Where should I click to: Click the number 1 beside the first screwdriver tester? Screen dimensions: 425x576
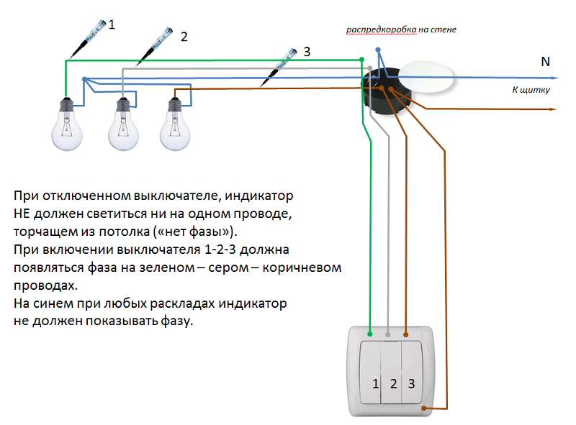pyautogui.click(x=112, y=25)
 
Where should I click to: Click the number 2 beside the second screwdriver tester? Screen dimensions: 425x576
pyautogui.click(x=184, y=37)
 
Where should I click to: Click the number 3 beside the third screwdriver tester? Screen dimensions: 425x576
pyautogui.click(x=307, y=51)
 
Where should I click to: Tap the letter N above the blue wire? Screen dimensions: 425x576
pyautogui.click(x=545, y=63)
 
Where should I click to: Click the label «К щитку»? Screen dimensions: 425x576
pyautogui.click(x=531, y=90)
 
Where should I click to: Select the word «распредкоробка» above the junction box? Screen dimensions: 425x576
pyautogui.click(x=380, y=29)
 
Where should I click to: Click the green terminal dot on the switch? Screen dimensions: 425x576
pyautogui.click(x=370, y=334)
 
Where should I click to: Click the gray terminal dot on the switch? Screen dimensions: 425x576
pyautogui.click(x=389, y=334)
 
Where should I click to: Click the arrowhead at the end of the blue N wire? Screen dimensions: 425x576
pyautogui.click(x=554, y=77)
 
